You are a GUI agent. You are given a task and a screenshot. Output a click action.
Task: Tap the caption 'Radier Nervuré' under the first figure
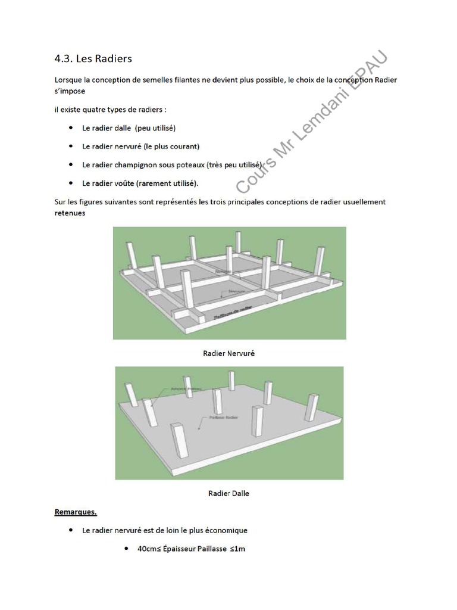[228, 353]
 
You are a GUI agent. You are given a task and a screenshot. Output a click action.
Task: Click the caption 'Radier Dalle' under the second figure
[228, 493]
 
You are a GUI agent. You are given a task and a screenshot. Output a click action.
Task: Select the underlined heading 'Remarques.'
[76, 511]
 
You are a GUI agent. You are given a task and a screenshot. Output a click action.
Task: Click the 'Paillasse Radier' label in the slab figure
[224, 418]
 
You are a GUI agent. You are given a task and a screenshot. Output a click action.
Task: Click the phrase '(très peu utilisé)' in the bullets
[234, 164]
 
